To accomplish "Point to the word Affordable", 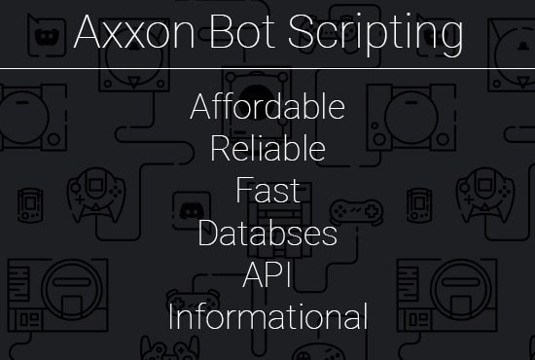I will point(267,107).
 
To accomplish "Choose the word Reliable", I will point(267,149).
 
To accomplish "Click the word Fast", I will point(267,191).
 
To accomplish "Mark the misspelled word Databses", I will point(267,234).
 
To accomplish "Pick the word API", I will point(267,275).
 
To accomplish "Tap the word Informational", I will point(267,317).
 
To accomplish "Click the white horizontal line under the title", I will point(267,69).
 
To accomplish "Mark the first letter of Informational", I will point(171,317).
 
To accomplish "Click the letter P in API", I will point(269,275).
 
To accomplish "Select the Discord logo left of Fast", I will point(191,206).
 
